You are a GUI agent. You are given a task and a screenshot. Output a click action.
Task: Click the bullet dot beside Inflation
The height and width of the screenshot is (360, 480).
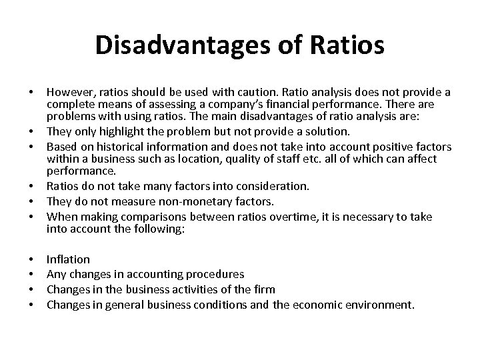[32, 259]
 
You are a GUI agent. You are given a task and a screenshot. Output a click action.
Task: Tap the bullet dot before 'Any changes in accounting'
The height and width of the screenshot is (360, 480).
[32, 274]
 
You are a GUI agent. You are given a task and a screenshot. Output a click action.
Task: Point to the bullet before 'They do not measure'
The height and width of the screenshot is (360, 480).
[32, 201]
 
